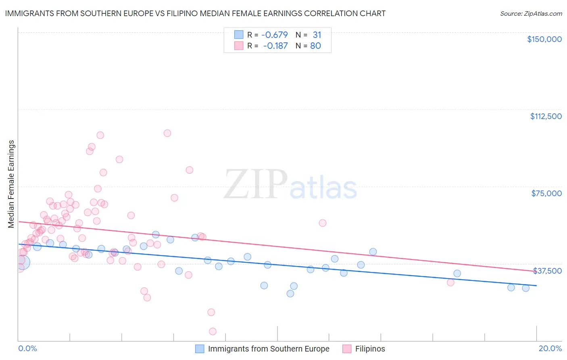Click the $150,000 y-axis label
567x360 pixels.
(544, 39)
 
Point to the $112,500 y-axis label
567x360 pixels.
(546, 116)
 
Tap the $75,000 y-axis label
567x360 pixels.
(546, 193)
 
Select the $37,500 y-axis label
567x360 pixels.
(547, 271)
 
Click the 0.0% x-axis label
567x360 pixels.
(27, 348)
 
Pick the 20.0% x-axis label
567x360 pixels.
(550, 348)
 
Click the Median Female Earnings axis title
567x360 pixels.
(11, 184)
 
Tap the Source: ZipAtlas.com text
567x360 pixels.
(531, 14)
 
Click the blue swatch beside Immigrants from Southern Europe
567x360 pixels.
(200, 349)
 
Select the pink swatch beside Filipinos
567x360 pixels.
(347, 349)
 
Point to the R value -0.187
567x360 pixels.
(275, 46)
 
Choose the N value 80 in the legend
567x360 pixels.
(315, 46)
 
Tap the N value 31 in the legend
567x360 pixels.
(317, 35)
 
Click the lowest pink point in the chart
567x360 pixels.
(213, 331)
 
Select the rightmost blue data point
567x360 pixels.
(525, 288)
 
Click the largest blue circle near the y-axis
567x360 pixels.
(23, 262)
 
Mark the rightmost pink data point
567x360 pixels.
(450, 282)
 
